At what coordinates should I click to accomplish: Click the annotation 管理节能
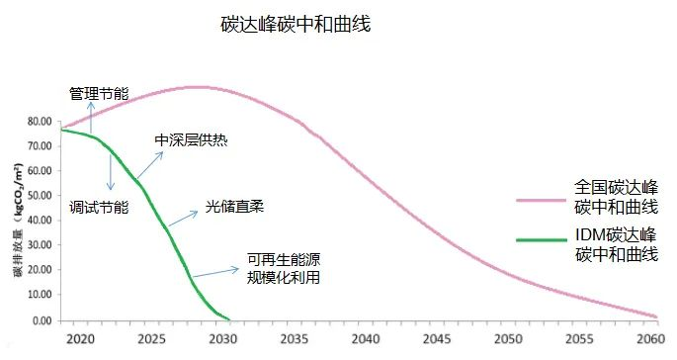[98, 94]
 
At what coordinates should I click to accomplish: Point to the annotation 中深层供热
[191, 140]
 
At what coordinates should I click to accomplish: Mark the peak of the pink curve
[198, 87]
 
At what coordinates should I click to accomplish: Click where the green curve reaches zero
[228, 319]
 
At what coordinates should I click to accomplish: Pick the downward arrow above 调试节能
[110, 172]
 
